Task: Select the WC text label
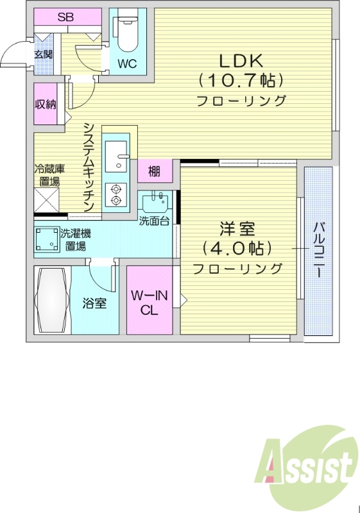[126, 64]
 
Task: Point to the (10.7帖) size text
[241, 81]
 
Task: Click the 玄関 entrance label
[44, 54]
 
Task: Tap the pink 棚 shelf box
[155, 171]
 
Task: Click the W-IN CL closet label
[150, 303]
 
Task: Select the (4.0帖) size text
[237, 248]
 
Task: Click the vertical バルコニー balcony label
[318, 250]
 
